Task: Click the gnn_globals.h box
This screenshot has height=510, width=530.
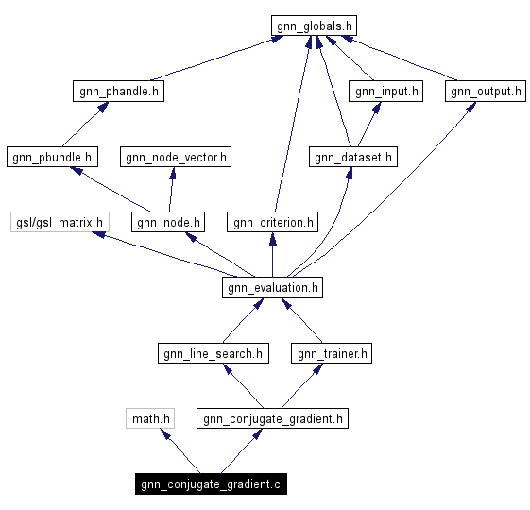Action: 315,25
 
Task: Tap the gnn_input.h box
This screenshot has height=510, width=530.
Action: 385,92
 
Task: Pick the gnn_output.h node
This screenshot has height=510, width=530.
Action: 486,92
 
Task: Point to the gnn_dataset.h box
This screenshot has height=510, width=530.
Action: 354,157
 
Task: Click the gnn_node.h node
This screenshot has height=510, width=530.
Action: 169,222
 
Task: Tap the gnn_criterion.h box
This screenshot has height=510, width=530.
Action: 272,222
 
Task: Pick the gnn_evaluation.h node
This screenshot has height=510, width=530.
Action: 272,287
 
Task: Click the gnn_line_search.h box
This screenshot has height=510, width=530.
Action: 213,353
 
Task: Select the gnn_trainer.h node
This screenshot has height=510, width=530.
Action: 333,353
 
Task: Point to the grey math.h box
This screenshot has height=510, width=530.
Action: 151,418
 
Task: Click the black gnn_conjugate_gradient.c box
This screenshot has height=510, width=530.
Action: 211,484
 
